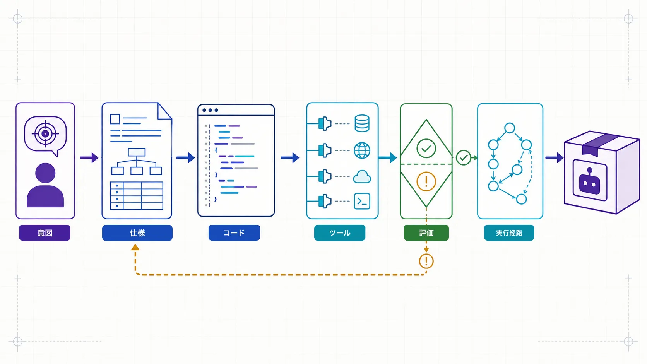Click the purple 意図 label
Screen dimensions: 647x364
pyautogui.click(x=45, y=232)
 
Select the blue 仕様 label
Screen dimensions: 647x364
pyautogui.click(x=137, y=232)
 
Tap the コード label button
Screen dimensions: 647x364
pyautogui.click(x=234, y=232)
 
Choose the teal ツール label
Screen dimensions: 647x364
pyautogui.click(x=340, y=232)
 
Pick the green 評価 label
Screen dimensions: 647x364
pyautogui.click(x=426, y=232)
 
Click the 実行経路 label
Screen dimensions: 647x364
pyautogui.click(x=509, y=232)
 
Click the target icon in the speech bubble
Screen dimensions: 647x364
pyautogui.click(x=45, y=134)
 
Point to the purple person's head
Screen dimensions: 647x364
pyautogui.click(x=45, y=173)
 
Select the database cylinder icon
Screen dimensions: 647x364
pyautogui.click(x=362, y=123)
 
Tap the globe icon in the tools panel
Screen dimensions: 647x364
pyautogui.click(x=362, y=150)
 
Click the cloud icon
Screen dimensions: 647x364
pyautogui.click(x=362, y=177)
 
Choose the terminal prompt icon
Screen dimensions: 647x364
pyautogui.click(x=362, y=201)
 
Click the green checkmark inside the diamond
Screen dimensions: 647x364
pyautogui.click(x=426, y=149)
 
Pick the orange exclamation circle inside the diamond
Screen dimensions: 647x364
pyautogui.click(x=426, y=181)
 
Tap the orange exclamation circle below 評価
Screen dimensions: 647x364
pyautogui.click(x=426, y=261)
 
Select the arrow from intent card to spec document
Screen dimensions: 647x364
pyautogui.click(x=89, y=157)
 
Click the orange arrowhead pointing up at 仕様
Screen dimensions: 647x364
pyautogui.click(x=135, y=248)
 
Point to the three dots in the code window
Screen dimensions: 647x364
pyautogui.click(x=210, y=110)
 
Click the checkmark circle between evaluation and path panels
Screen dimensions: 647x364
pyautogui.click(x=464, y=157)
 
